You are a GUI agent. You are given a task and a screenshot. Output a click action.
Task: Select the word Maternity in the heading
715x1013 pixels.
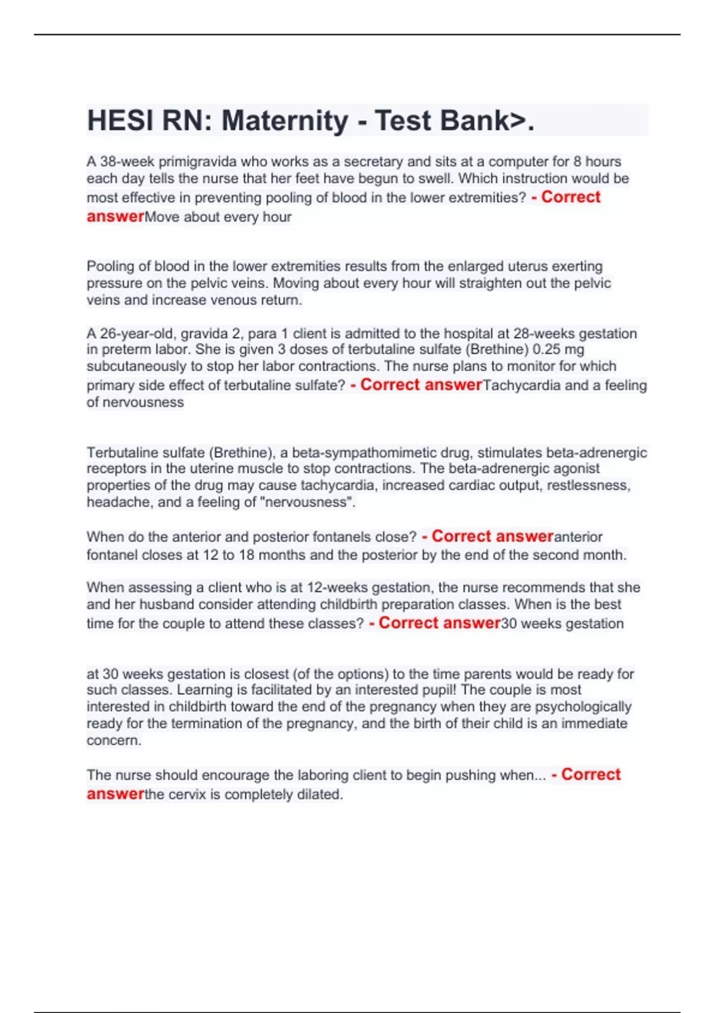pyautogui.click(x=285, y=121)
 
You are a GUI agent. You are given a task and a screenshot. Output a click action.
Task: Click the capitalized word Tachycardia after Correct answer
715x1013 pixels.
pyautogui.click(x=521, y=386)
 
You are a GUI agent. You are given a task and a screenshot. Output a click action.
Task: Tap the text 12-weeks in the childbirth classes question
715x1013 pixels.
pyautogui.click(x=334, y=588)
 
